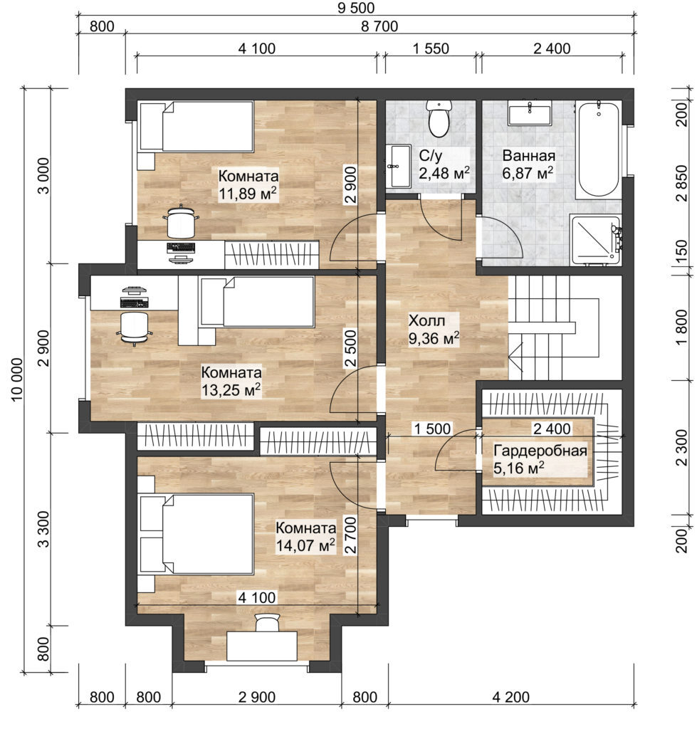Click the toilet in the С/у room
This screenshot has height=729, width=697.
tap(437, 119)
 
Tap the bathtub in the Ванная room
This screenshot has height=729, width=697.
tap(597, 150)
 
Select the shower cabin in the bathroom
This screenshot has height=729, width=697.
tap(595, 238)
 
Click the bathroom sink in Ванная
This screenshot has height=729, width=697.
tap(529, 113)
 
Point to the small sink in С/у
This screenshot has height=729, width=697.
tap(399, 167)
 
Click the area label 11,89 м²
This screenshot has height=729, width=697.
tap(248, 193)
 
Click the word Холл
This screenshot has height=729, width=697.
tap(426, 320)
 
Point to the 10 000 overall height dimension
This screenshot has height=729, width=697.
tap(16, 380)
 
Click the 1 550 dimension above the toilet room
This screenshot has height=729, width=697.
tap(430, 50)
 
